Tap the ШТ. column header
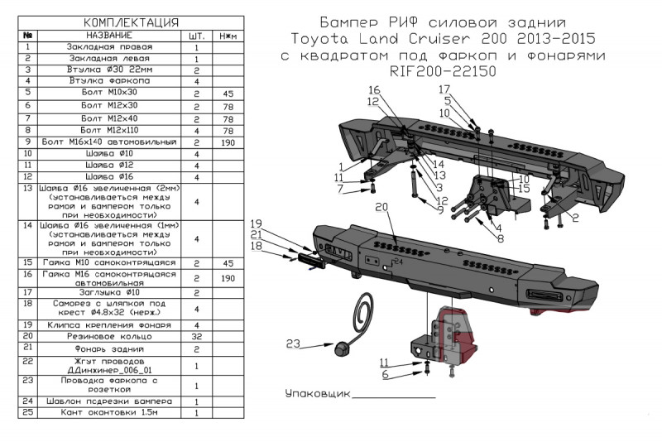(x=197, y=36)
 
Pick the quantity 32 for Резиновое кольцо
(x=197, y=337)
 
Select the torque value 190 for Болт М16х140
(x=228, y=142)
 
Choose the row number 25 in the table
(x=28, y=412)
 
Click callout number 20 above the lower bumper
(x=381, y=207)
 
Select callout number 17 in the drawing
(x=445, y=89)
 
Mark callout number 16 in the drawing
(x=374, y=89)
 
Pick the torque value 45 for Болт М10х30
(x=228, y=95)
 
